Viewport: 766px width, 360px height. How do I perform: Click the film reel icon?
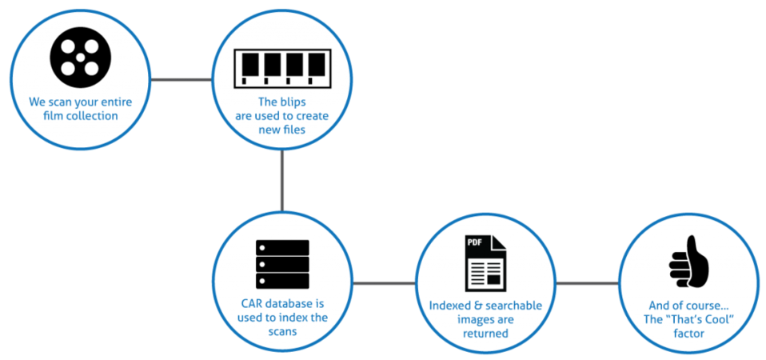coord(81,57)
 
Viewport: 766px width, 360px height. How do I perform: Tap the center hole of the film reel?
coord(81,57)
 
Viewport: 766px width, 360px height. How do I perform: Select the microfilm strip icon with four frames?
coord(283,68)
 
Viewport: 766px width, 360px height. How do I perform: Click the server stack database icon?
coord(282,264)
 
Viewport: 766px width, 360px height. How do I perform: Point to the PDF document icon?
coord(485,262)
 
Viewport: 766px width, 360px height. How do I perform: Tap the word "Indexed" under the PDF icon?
coord(448,306)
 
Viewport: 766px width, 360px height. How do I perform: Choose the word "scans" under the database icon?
coord(282,330)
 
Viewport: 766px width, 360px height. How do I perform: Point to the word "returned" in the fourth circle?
coord(485,334)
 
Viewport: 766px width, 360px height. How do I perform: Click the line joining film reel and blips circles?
coord(182,79)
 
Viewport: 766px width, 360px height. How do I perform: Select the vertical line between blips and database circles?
coord(282,180)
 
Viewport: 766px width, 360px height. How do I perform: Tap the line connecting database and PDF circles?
coord(385,283)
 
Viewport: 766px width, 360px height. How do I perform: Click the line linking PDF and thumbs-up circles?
coord(588,283)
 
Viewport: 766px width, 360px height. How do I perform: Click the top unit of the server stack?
coord(282,247)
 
